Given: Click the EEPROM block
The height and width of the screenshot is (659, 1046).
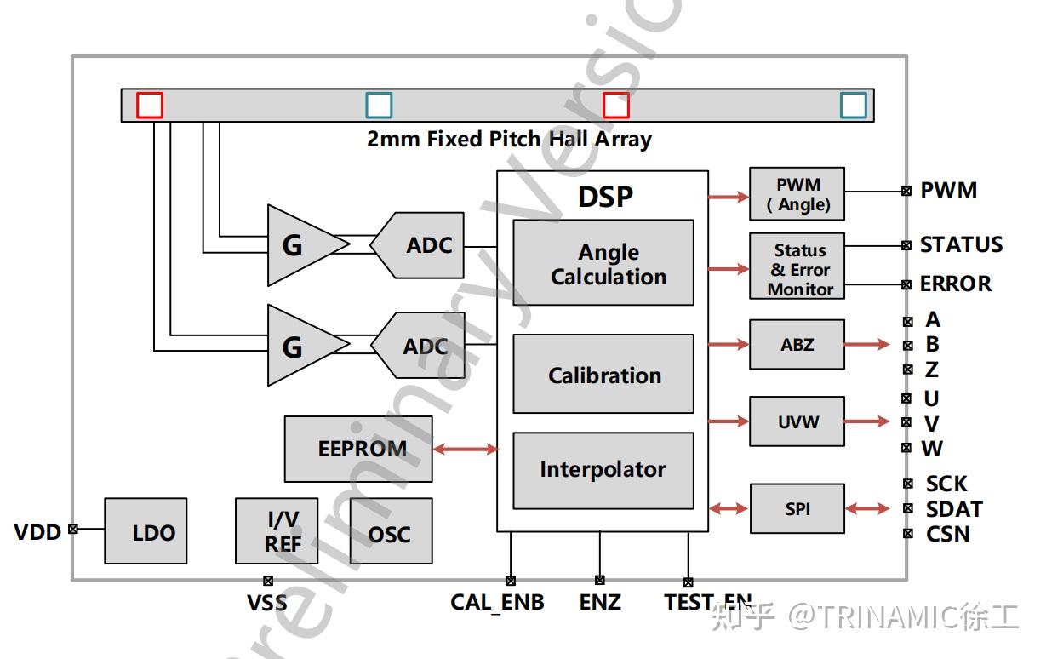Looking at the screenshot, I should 358,449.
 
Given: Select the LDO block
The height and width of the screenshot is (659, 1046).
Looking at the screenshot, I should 146,531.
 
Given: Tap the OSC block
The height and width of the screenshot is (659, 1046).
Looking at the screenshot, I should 391,531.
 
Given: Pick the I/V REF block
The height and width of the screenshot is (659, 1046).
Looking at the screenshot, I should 277,531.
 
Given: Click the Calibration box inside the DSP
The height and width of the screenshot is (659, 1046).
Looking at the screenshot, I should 603,374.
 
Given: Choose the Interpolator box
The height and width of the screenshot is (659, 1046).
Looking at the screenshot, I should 603,470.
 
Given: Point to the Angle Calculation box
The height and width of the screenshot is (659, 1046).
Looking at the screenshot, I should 603,263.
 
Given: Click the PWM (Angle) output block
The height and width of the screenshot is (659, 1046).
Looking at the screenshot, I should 797,194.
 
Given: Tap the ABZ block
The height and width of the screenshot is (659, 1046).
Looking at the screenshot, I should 797,344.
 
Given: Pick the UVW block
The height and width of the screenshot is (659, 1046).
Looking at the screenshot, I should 797,421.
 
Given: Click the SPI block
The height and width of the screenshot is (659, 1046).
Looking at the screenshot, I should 797,508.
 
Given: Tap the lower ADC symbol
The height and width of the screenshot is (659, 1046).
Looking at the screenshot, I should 419,346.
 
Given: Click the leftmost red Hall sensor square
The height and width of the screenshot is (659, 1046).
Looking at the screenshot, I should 150,105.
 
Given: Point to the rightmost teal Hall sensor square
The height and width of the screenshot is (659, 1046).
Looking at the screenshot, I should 853,105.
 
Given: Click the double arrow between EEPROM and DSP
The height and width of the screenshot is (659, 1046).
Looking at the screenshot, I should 465,449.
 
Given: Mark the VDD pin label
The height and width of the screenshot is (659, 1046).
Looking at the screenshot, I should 37,532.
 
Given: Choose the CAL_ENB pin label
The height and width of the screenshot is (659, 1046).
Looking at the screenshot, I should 497,603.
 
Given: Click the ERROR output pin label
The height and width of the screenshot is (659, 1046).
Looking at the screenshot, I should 955,284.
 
